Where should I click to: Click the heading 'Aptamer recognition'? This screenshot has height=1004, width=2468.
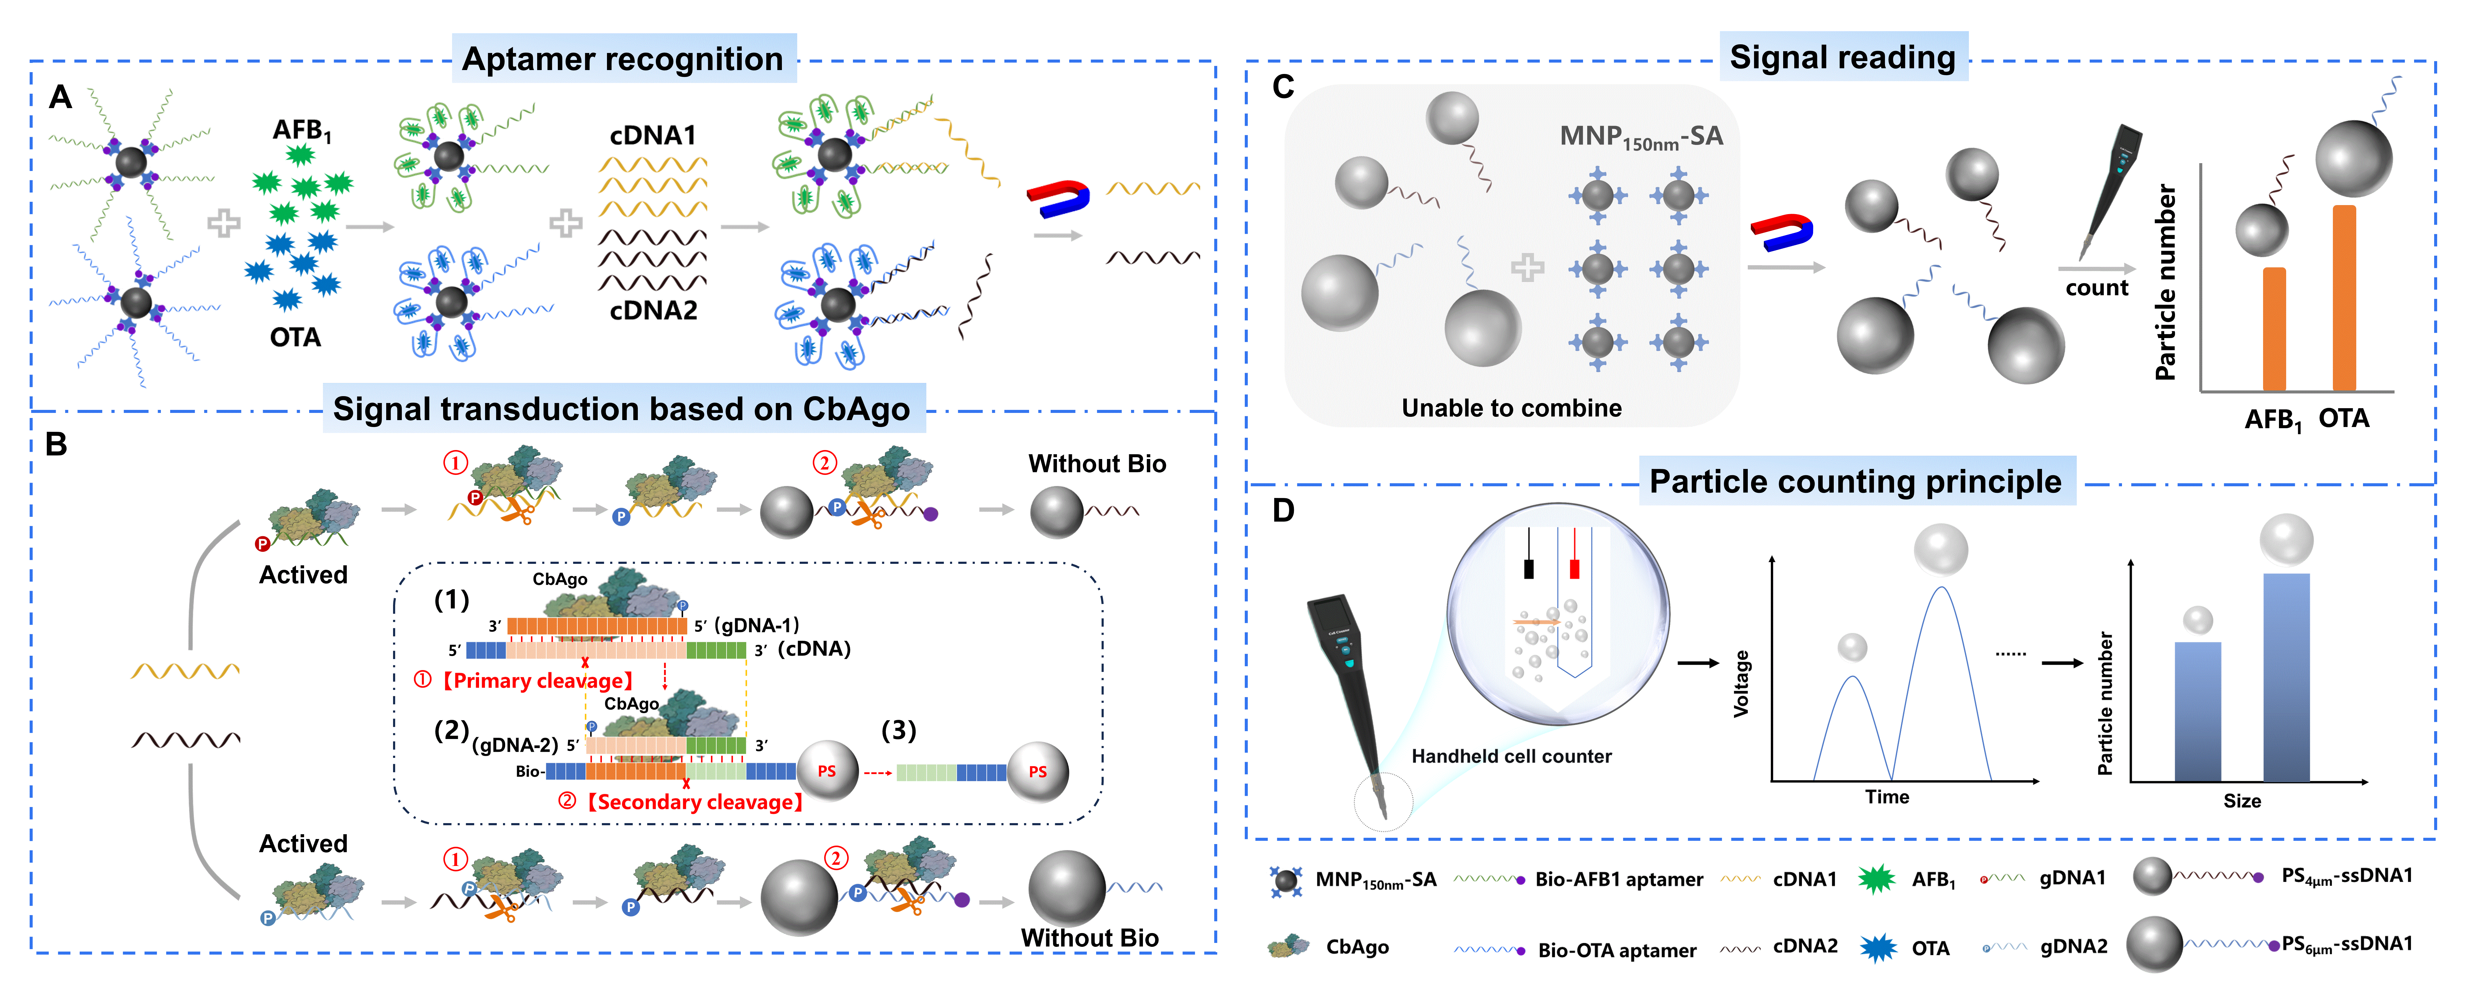pos(623,59)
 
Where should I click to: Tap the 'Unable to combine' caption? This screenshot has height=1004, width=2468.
pos(1511,408)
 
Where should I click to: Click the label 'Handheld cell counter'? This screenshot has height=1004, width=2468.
pos(1511,756)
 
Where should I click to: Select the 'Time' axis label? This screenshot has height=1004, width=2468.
pos(1887,797)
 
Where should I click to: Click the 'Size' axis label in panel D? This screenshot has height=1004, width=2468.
pos(2242,801)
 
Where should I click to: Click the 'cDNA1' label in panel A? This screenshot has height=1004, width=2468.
pos(653,136)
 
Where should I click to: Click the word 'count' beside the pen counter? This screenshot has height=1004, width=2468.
pos(2096,288)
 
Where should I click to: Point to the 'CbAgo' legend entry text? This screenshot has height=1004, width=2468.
pos(1357,947)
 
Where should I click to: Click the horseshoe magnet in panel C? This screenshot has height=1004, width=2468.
pos(1782,231)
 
